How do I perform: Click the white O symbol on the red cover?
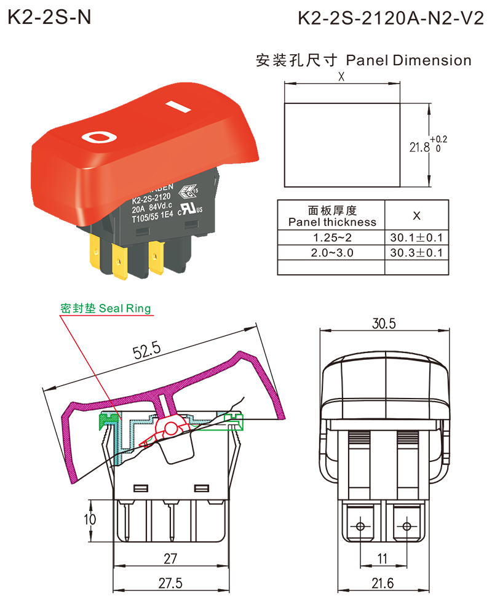pyautogui.click(x=98, y=136)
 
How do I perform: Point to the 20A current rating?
pyautogui.click(x=138, y=207)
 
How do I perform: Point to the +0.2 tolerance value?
pyautogui.click(x=440, y=140)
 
